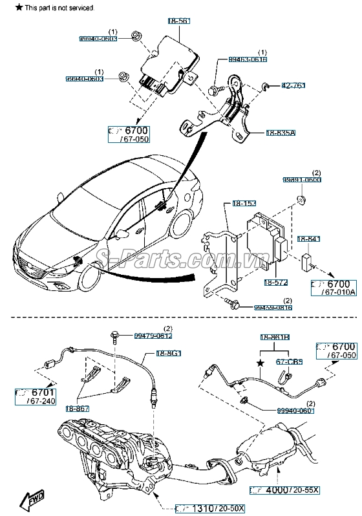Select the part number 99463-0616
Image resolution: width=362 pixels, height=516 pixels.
[248, 59]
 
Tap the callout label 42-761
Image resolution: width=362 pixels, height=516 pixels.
[293, 85]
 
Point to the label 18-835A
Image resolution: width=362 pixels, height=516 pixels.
[280, 133]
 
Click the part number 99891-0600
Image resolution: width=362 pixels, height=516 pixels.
[302, 180]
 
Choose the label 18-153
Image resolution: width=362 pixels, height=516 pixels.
[244, 204]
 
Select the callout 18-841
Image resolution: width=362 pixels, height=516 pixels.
[308, 239]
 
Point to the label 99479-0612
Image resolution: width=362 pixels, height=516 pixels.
[153, 336]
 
